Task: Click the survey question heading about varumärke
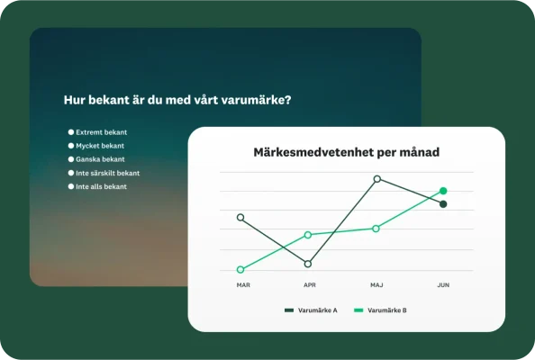click(x=177, y=100)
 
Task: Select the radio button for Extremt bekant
click(x=71, y=132)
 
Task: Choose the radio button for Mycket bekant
click(x=71, y=146)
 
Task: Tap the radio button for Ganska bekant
click(x=71, y=159)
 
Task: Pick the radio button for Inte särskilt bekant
click(x=71, y=173)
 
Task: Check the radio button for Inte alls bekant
click(x=71, y=186)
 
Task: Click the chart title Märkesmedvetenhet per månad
click(x=346, y=152)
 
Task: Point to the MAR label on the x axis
click(x=243, y=285)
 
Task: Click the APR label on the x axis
click(x=309, y=285)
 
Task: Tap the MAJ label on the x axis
click(x=376, y=285)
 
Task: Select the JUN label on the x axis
click(x=443, y=285)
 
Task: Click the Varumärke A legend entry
click(x=312, y=310)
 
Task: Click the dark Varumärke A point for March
click(x=240, y=217)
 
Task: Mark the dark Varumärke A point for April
click(x=308, y=264)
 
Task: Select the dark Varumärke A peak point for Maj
click(x=376, y=179)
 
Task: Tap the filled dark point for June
click(x=443, y=204)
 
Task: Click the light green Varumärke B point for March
click(x=240, y=269)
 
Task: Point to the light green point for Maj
click(x=376, y=229)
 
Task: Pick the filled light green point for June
click(x=443, y=191)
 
